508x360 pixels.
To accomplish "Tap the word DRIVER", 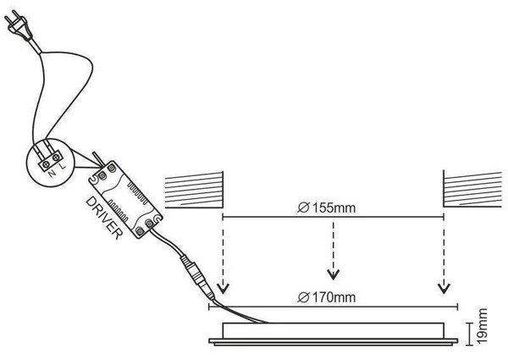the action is pyautogui.click(x=104, y=218).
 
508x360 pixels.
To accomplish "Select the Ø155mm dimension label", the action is pyautogui.click(x=327, y=208).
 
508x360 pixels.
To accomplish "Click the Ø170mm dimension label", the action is pyautogui.click(x=327, y=296).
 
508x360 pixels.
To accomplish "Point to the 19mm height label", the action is pyautogui.click(x=483, y=326).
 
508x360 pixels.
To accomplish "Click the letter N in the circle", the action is pyautogui.click(x=52, y=174).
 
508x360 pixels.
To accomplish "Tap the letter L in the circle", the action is pyautogui.click(x=63, y=166).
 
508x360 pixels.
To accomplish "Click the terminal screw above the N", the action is pyautogui.click(x=46, y=164).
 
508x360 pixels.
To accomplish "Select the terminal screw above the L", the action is pyautogui.click(x=56, y=158).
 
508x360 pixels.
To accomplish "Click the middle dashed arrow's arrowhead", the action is pyautogui.click(x=333, y=274).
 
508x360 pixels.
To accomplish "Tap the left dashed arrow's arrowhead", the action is pyautogui.click(x=223, y=288).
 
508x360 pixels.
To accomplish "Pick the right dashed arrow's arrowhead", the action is pyautogui.click(x=444, y=288).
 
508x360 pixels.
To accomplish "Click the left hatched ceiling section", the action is pyautogui.click(x=194, y=190).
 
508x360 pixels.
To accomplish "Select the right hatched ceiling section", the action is pyautogui.click(x=472, y=190).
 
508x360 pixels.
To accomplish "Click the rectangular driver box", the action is pyautogui.click(x=125, y=200).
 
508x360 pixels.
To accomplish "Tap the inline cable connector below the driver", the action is pyautogui.click(x=197, y=277).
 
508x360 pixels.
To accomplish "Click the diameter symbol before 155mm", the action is pyautogui.click(x=304, y=208).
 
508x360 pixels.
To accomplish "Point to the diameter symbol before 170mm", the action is pyautogui.click(x=304, y=296).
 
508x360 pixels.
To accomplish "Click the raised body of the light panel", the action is pyautogui.click(x=333, y=331).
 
